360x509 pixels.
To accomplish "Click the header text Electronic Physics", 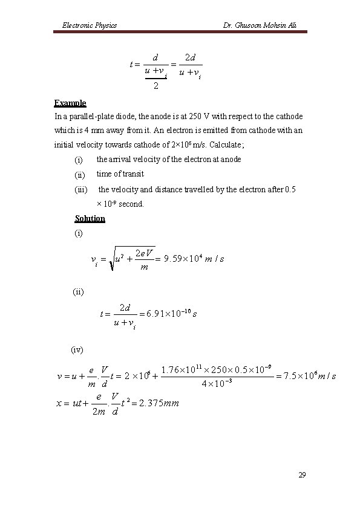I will pyautogui.click(x=90, y=25).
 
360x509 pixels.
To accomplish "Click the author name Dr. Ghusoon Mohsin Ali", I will pyautogui.click(x=260, y=25).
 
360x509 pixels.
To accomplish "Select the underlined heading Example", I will pyautogui.click(x=70, y=103).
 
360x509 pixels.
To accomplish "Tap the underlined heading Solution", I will pyautogui.click(x=90, y=218).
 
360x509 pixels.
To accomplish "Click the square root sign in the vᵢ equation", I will pyautogui.click(x=108, y=259).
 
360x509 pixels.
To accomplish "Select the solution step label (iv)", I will pyautogui.click(x=77, y=349).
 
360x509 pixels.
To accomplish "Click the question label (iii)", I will pyautogui.click(x=80, y=190).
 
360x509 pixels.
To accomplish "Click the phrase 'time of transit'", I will pyautogui.click(x=120, y=174).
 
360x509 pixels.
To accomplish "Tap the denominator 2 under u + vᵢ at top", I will pyautogui.click(x=156, y=86).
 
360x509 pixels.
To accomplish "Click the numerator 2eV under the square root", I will pyautogui.click(x=145, y=252).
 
